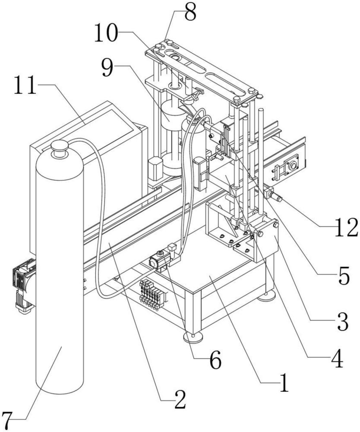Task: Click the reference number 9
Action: tap(107, 68)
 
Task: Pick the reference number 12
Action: tap(346, 227)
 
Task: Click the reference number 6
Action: tap(215, 359)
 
